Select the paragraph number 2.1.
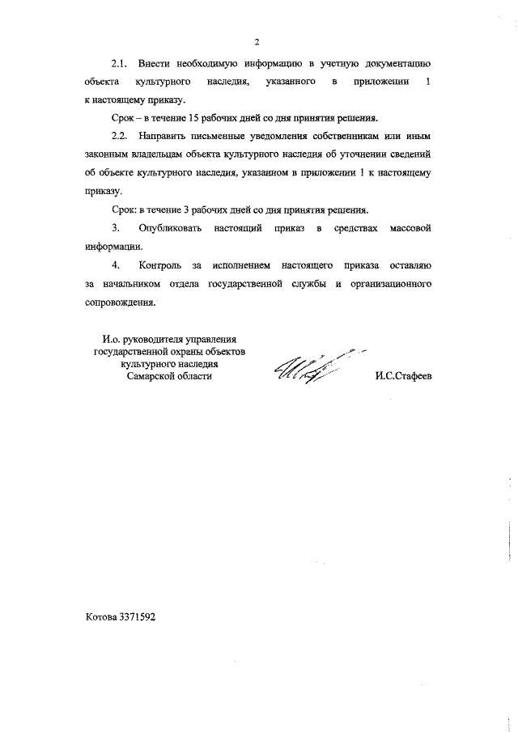(x=120, y=62)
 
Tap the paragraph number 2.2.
(x=120, y=133)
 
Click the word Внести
(x=155, y=62)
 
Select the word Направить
(x=173, y=133)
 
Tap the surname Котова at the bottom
(x=101, y=616)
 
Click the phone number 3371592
(x=138, y=616)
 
